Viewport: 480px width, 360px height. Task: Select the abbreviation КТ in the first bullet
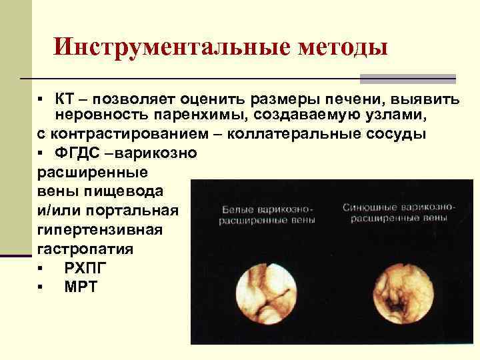65,99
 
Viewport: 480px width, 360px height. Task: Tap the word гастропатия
76,249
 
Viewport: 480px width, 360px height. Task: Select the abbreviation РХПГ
85,268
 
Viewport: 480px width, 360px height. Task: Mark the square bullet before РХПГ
41,269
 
